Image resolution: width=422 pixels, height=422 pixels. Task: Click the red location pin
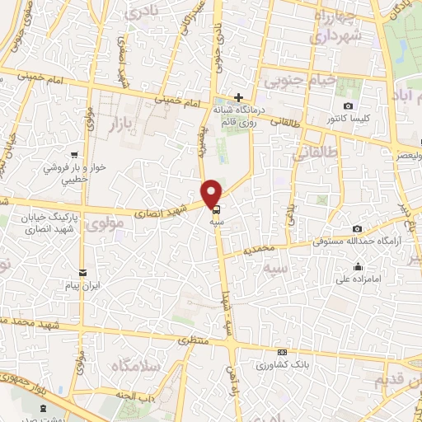tap(213, 193)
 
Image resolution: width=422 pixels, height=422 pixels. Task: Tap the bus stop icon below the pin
tap(216, 209)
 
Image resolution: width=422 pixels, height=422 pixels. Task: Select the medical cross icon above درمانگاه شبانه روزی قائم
tap(238, 97)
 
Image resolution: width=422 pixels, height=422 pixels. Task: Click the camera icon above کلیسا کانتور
tap(348, 106)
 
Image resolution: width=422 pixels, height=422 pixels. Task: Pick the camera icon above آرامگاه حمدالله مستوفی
tap(357, 228)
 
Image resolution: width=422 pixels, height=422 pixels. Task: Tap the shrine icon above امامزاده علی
tap(359, 266)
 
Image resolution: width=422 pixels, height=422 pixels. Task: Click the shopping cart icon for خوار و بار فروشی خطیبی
tap(75, 154)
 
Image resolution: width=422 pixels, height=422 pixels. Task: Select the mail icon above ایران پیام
tap(82, 273)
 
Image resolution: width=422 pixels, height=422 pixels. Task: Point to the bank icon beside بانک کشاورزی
tap(283, 364)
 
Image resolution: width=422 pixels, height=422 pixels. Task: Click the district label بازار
tap(122, 124)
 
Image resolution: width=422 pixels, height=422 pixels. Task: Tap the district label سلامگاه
tap(132, 365)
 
